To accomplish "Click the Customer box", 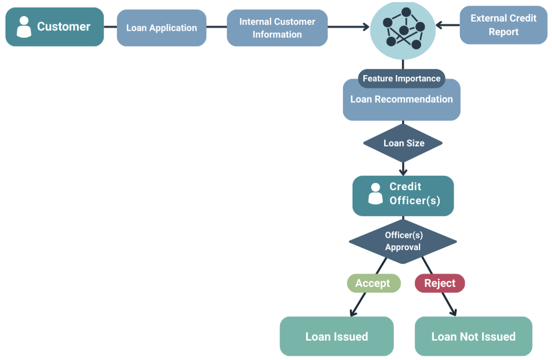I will (x=54, y=27).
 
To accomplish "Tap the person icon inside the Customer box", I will (x=24, y=27).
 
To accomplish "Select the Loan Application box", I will (x=161, y=28).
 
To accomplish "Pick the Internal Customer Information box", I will (x=277, y=28).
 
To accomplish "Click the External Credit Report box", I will (x=503, y=25).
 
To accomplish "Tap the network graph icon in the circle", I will (x=403, y=30).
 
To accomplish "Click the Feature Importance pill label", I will (x=401, y=79).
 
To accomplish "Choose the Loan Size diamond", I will (x=403, y=143).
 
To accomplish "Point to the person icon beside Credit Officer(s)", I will (x=375, y=194).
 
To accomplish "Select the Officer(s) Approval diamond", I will (x=402, y=241).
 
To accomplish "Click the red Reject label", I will (x=440, y=283).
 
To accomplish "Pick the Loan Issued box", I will (x=337, y=336).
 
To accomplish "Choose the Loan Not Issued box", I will (x=473, y=336).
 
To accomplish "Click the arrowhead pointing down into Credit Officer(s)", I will (x=403, y=172).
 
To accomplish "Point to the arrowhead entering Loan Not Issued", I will (x=453, y=313).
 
